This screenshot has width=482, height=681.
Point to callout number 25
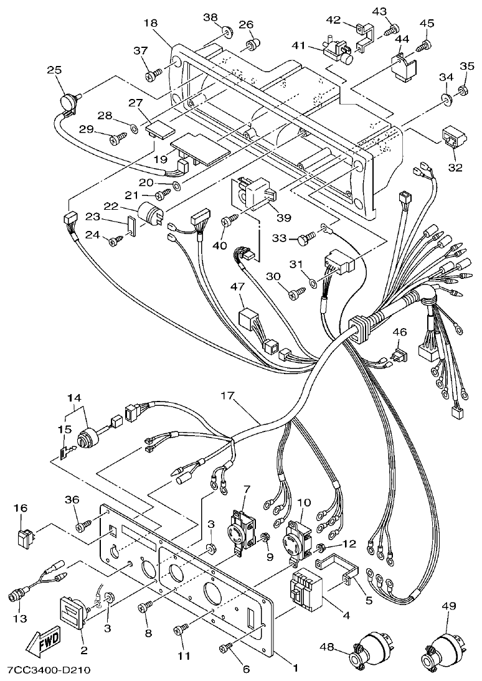click(55, 70)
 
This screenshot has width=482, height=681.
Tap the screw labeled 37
click(153, 75)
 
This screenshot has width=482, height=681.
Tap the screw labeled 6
click(225, 650)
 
